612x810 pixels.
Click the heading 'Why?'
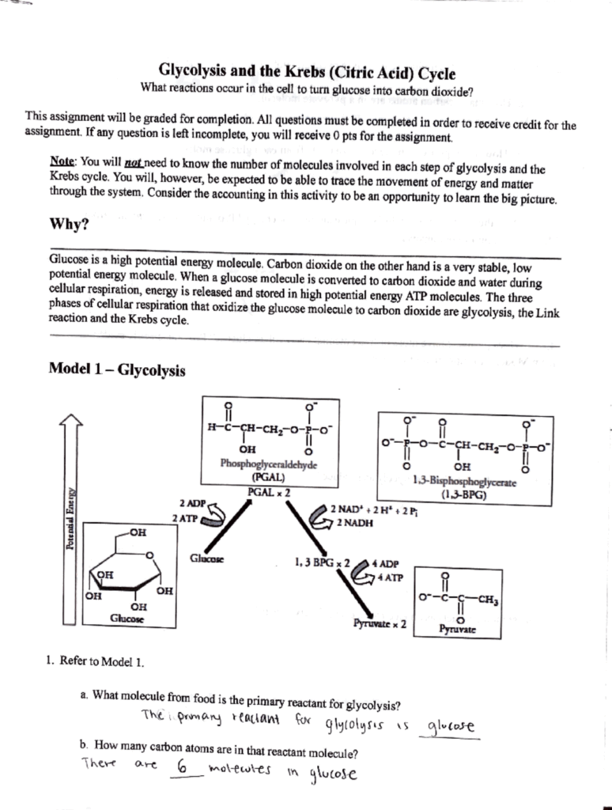pos(69,223)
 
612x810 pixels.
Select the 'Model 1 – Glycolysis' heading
pos(117,369)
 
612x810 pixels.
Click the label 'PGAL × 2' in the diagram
pos(269,491)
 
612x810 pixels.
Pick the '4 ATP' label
pos(390,577)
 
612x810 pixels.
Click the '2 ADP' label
pos(192,503)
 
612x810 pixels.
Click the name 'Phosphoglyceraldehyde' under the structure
pos(268,465)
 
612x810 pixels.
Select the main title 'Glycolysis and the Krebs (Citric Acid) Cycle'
pos(308,73)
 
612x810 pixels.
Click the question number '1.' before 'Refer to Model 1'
pos(50,661)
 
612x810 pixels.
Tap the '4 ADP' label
pos(389,564)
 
